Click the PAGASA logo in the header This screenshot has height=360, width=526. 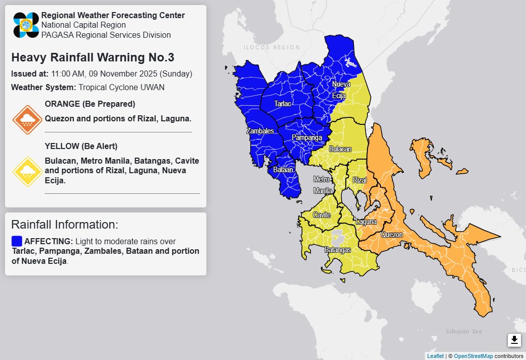coord(26,25)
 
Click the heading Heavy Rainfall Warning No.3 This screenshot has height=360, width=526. coord(93,57)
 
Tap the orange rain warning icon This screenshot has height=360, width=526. coord(27,120)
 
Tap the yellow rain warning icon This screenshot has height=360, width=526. coord(27,172)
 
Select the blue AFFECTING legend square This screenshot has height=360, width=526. coord(17,241)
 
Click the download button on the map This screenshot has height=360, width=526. coord(514,340)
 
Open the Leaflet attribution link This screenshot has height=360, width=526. coord(435,356)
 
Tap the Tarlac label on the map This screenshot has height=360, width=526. coord(282,104)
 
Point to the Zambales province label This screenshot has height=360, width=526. coord(260,131)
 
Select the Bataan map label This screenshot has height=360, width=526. coord(283,170)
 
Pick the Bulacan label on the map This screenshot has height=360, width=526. coord(340,150)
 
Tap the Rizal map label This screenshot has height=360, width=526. coord(359,180)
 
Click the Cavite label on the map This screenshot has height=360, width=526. coord(322,215)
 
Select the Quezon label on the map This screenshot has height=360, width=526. coord(392,235)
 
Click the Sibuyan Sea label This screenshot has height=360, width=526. coord(464,331)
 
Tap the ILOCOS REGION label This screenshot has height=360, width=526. coord(264,47)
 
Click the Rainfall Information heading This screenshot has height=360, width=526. coord(64,225)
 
